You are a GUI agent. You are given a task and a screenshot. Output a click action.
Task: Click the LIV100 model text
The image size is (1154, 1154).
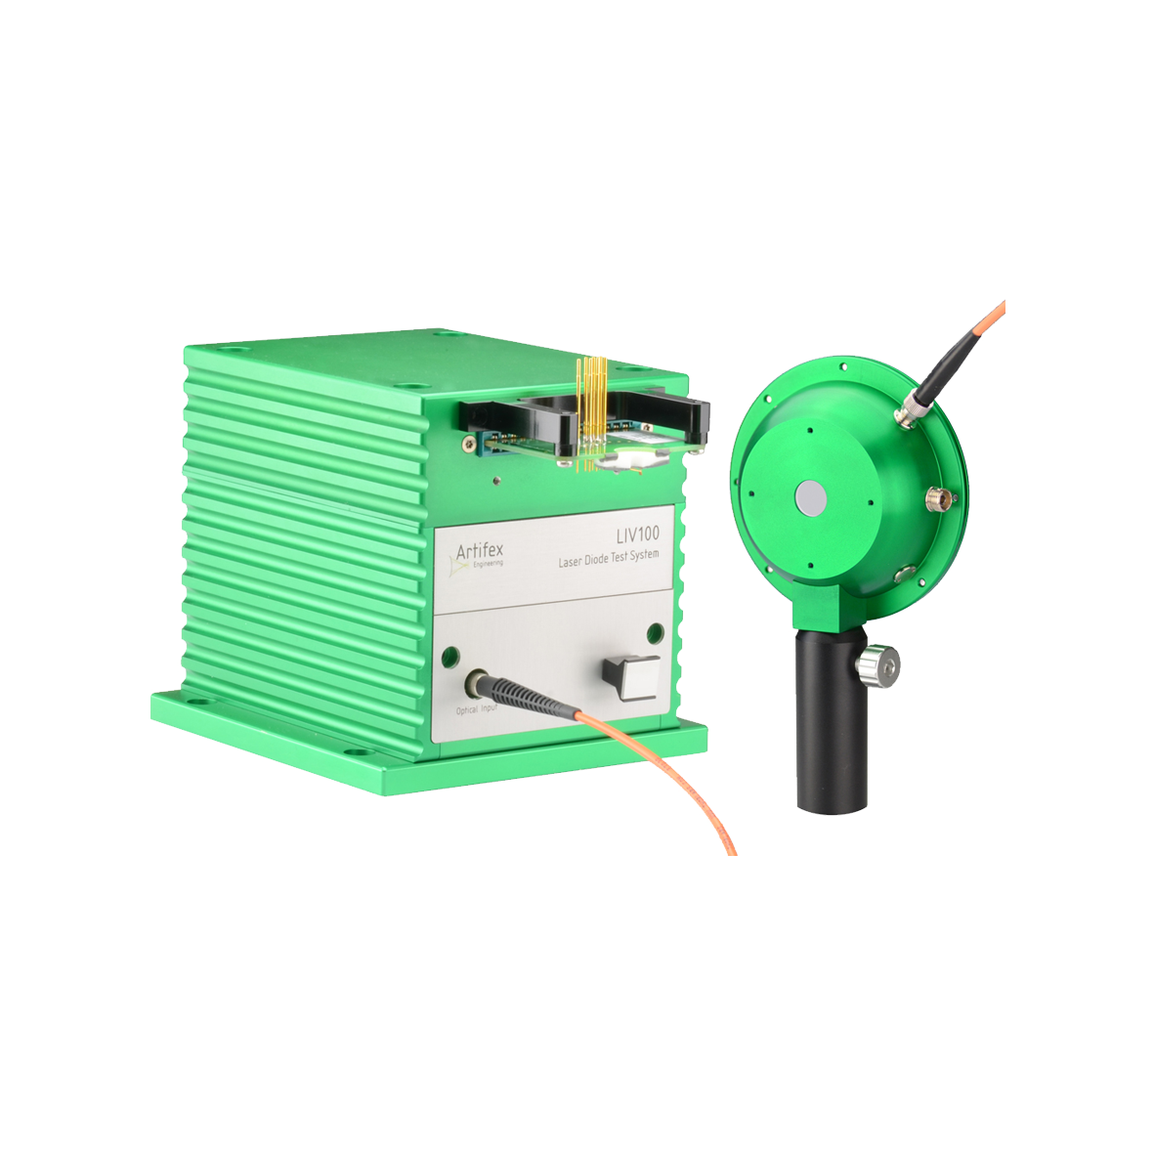click(x=637, y=534)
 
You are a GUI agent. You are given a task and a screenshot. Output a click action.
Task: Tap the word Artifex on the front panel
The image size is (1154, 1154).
click(x=480, y=551)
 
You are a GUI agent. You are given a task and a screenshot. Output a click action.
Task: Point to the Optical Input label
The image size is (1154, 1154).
click(x=476, y=709)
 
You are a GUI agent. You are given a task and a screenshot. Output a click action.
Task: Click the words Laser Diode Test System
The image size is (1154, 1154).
click(x=609, y=559)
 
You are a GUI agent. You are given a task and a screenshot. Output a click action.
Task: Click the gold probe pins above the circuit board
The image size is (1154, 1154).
click(x=592, y=412)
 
